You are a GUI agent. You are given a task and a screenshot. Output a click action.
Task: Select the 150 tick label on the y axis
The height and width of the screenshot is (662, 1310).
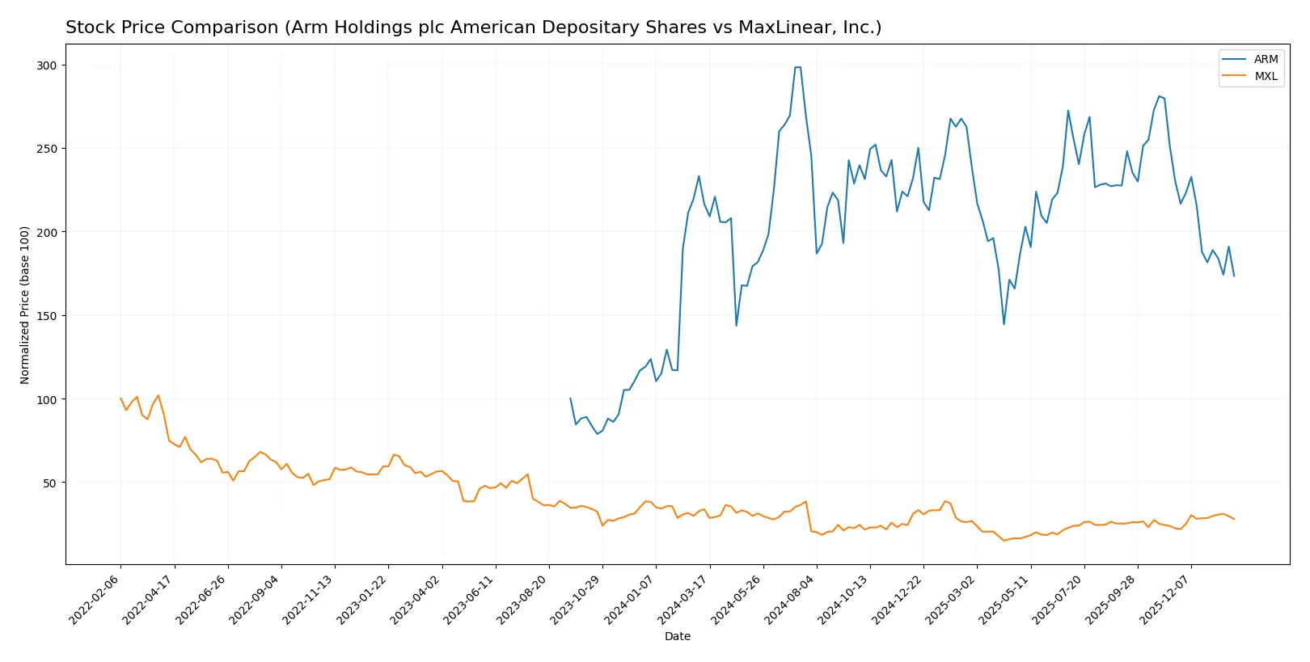(47, 316)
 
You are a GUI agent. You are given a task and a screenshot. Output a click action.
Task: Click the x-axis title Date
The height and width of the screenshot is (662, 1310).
(677, 637)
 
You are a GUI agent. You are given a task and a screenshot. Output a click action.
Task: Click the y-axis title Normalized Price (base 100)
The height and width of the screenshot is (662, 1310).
(25, 305)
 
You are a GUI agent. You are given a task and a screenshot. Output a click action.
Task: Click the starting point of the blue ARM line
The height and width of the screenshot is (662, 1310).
(570, 398)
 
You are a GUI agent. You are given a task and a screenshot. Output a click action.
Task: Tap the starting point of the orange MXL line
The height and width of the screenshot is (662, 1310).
(121, 398)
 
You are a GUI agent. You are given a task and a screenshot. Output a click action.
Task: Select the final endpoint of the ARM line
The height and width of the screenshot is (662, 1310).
(1234, 276)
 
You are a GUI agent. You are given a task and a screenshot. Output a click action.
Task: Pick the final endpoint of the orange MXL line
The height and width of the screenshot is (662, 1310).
(1234, 519)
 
